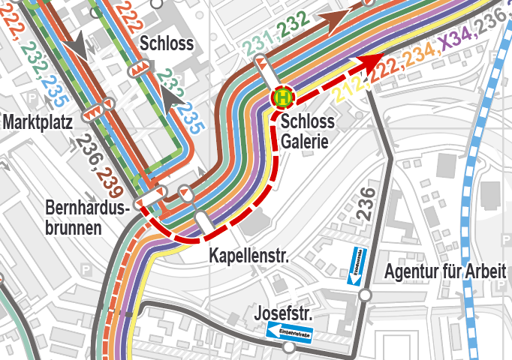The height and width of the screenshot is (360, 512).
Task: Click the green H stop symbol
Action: (x=283, y=97)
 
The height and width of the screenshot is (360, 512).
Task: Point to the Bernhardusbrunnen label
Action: (x=87, y=217)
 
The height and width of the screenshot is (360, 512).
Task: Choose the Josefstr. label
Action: (x=283, y=312)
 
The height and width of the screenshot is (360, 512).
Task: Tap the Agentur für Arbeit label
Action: (x=447, y=271)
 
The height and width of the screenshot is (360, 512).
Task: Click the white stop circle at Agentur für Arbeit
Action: (x=366, y=296)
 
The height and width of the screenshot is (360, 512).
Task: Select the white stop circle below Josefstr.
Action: (x=289, y=348)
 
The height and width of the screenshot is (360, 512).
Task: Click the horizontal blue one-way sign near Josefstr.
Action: (x=290, y=333)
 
